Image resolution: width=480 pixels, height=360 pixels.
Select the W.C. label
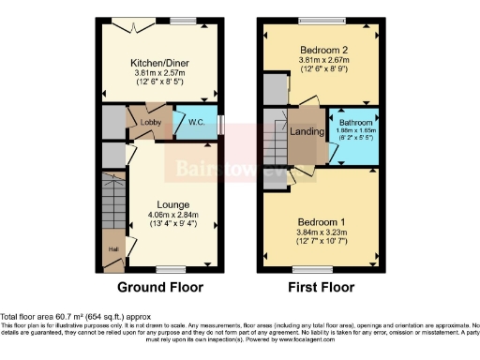pos(196,122)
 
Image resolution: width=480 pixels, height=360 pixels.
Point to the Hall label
pos(112,249)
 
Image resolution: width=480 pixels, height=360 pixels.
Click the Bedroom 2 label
pos(322,51)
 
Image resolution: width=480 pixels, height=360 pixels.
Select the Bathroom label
pos(356,123)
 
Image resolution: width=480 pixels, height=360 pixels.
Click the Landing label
pos(307,133)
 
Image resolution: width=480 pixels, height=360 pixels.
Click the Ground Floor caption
pos(159,287)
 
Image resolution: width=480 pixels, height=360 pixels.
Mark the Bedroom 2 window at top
pos(322,21)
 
